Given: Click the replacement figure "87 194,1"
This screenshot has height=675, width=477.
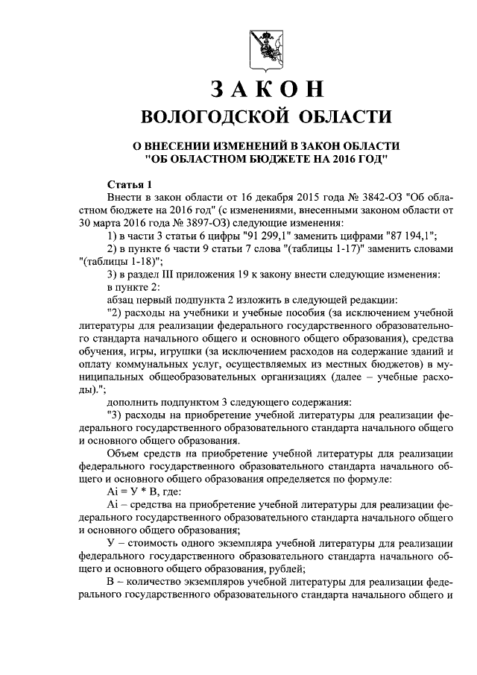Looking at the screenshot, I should [x=407, y=236].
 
